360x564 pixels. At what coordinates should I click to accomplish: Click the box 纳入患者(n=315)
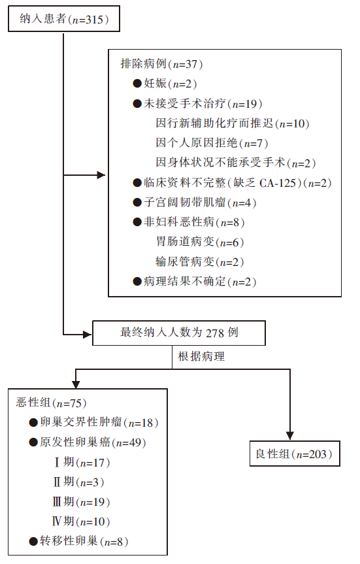tap(64, 19)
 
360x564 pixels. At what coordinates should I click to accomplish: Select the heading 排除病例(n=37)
tap(161, 64)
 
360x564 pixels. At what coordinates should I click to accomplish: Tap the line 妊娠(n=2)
tap(165, 84)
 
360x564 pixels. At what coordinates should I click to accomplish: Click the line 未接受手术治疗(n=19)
tap(197, 104)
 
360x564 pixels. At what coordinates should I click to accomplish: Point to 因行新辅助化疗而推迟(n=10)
tap(233, 124)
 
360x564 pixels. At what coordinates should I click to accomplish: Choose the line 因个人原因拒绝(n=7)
tap(212, 143)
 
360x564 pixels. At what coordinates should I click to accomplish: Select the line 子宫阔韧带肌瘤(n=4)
tap(195, 203)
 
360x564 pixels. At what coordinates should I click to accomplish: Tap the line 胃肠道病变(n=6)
tap(200, 242)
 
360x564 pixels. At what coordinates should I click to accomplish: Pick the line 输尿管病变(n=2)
tap(200, 261)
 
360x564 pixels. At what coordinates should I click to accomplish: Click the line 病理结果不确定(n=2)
tap(195, 281)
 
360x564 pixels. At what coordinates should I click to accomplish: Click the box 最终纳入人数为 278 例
tap(179, 333)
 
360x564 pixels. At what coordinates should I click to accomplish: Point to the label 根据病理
tap(201, 356)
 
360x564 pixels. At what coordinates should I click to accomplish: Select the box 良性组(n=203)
tap(295, 454)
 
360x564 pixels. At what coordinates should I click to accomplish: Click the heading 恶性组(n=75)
tap(51, 403)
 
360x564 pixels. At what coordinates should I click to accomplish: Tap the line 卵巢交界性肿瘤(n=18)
tap(93, 423)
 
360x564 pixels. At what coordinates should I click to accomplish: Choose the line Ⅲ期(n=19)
tap(81, 502)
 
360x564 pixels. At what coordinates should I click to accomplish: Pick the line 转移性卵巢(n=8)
tap(78, 541)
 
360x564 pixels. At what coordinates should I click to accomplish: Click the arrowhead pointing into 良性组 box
tap(290, 436)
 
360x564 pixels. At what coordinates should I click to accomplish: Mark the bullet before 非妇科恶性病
tap(137, 222)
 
